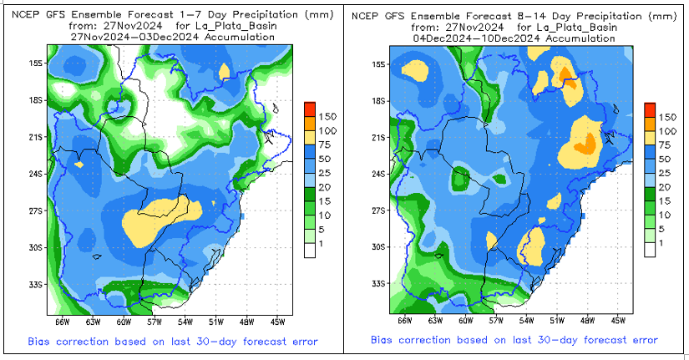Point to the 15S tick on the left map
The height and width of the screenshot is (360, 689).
[35, 63]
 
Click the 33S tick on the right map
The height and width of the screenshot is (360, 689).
[377, 284]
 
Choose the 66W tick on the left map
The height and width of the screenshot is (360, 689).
[63, 320]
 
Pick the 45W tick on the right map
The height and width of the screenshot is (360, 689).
[619, 320]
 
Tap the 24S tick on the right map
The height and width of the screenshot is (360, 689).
[377, 174]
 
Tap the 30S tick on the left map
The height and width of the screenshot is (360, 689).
[35, 246]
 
